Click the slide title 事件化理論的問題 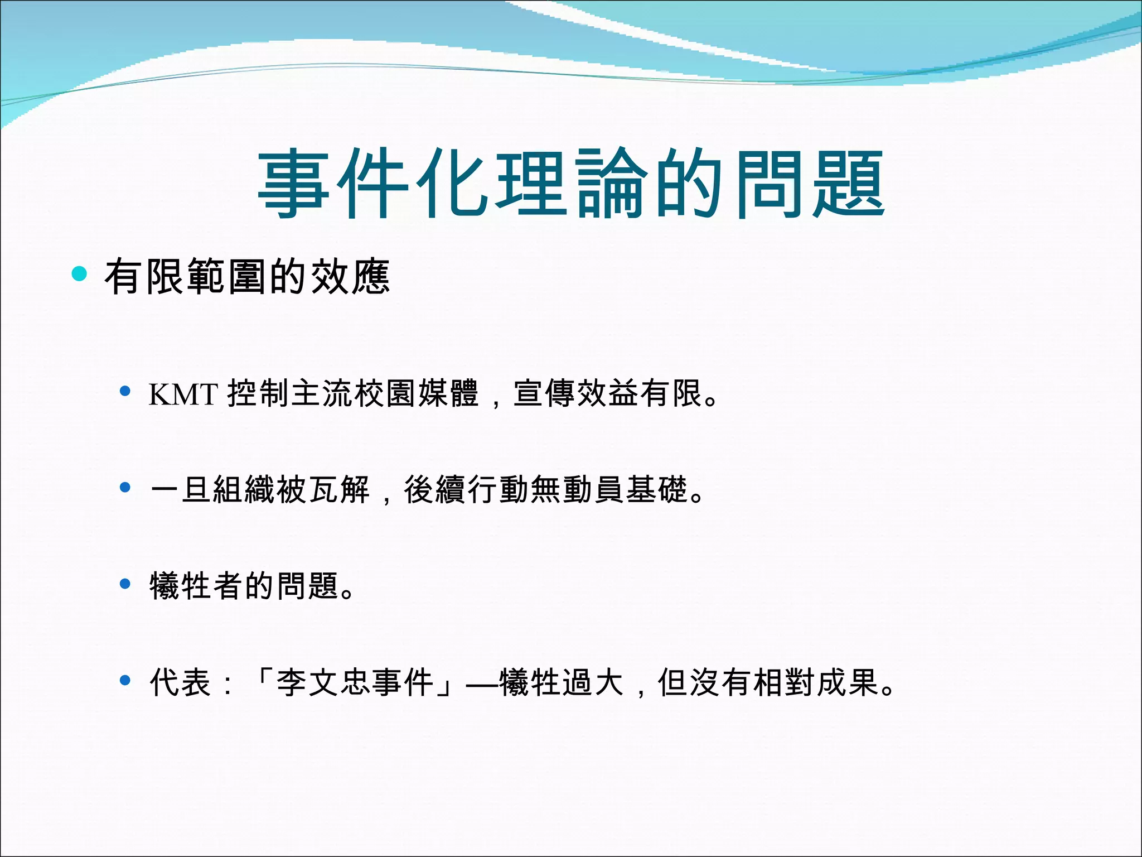coord(571,184)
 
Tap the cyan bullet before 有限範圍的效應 coord(80,274)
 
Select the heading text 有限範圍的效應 coord(247,276)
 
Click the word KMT coord(183,394)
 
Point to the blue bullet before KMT coord(125,391)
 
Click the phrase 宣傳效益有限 coord(607,393)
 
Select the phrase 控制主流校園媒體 coord(352,393)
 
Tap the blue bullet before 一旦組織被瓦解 coord(125,488)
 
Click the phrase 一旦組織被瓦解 coord(260,489)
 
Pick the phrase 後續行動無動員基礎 coord(546,489)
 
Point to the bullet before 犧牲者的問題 coord(125,584)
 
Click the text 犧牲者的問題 coord(244,586)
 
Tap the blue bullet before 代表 coord(125,680)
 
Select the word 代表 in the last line coord(181,682)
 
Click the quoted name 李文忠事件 coord(355,682)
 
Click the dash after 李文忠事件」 coord(482,683)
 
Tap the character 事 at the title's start coord(294,184)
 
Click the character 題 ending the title coord(849,184)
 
